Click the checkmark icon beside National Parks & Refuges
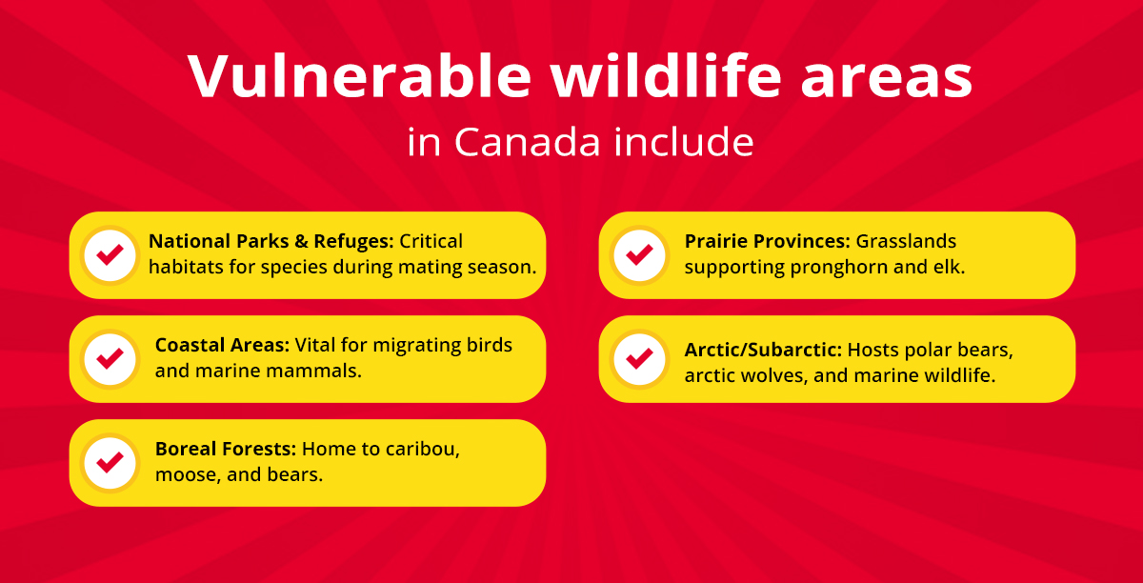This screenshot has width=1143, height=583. coord(110,254)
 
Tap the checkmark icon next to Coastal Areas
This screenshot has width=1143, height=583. coord(110,358)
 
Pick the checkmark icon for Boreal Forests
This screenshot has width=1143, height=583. coord(110,462)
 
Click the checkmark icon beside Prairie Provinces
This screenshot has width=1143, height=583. coord(640,254)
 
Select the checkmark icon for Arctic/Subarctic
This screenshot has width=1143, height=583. coord(640,358)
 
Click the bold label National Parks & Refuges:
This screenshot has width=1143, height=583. coord(271,242)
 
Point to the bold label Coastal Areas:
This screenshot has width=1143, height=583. coord(222,345)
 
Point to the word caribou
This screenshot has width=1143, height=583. coord(425,449)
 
